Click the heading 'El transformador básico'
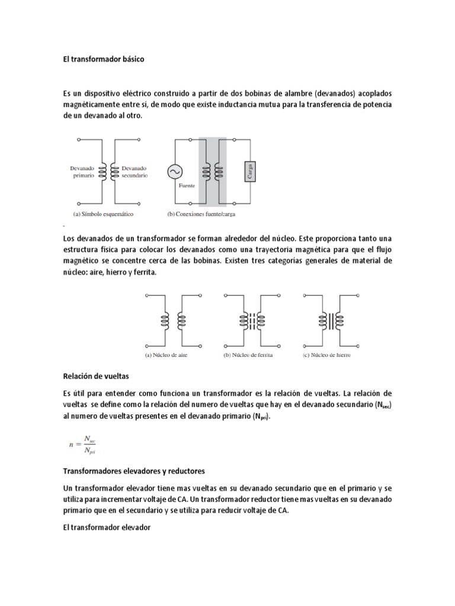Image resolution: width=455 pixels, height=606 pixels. (103, 60)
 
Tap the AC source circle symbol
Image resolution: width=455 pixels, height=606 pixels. (175, 171)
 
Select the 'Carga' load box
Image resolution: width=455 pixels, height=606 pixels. (249, 171)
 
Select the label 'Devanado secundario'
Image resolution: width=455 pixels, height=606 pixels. (134, 172)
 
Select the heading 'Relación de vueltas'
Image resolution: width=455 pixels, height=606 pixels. (95, 376)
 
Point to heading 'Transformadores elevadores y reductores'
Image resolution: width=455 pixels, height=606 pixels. (134, 471)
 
